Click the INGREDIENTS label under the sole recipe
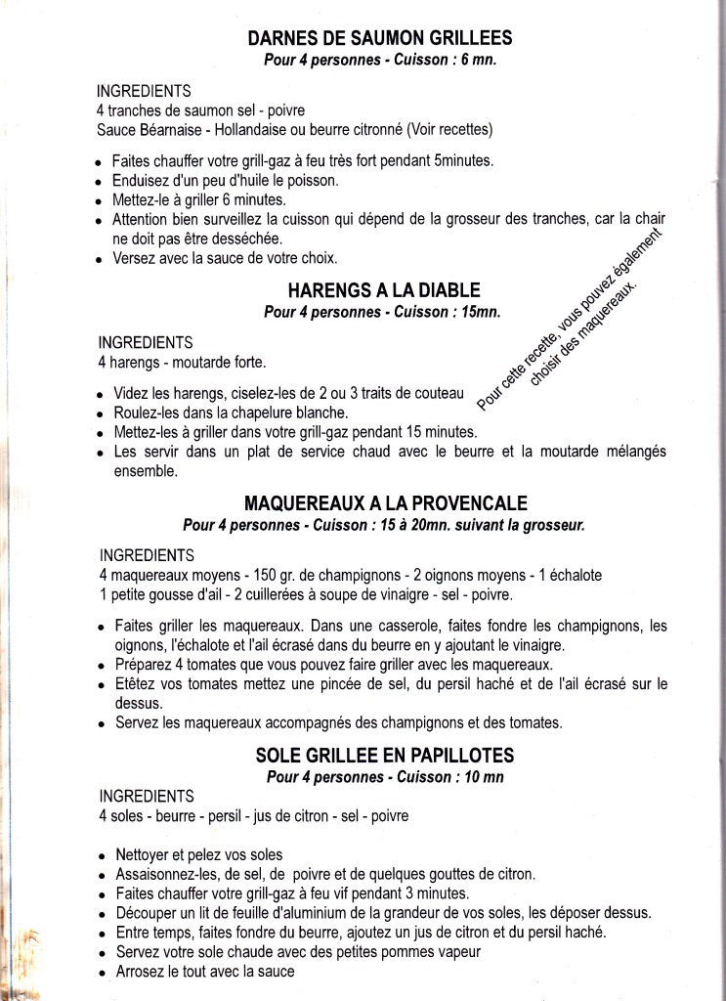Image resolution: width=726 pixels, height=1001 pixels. (147, 795)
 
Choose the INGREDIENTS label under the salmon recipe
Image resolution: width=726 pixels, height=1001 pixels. (147, 91)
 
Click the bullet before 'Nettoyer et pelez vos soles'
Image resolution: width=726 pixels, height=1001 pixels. (102, 855)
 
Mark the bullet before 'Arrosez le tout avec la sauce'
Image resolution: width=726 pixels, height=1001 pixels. (102, 974)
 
